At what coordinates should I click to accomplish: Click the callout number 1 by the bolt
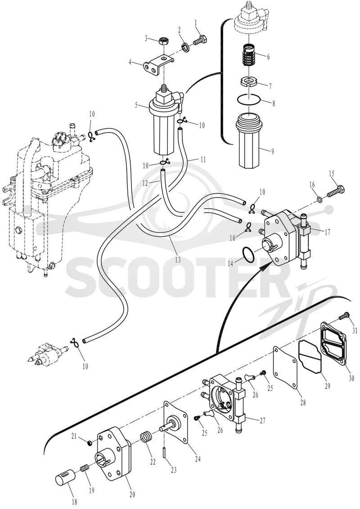(x=196, y=23)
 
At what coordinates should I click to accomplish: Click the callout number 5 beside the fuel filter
(x=138, y=105)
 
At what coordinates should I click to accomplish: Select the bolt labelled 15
(x=336, y=191)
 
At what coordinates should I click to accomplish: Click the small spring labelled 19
(x=85, y=469)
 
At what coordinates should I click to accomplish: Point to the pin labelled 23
(x=166, y=452)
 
